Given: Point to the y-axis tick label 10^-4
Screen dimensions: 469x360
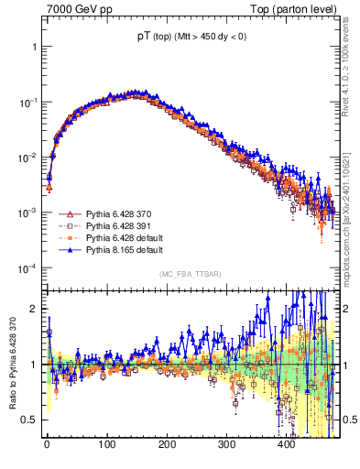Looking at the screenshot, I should tap(27, 267).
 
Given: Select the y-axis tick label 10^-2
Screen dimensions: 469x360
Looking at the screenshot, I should tap(27, 157).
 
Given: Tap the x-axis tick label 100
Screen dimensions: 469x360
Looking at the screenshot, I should tap(106, 444).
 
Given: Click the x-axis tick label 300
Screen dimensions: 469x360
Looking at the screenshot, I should tap(226, 444).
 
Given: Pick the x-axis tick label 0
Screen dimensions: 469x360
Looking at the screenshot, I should tap(47, 444).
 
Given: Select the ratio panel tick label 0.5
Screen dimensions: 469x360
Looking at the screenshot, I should tap(29, 420).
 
